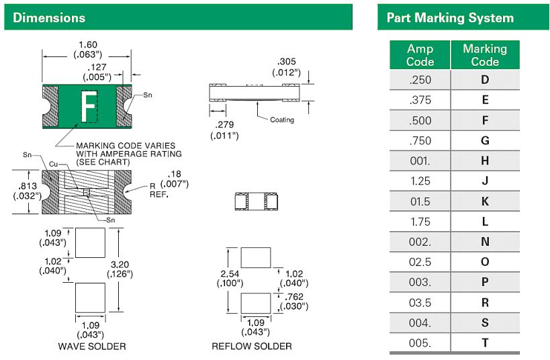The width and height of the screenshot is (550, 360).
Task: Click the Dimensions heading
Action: point(49,17)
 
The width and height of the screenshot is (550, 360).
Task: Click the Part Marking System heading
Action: point(449,18)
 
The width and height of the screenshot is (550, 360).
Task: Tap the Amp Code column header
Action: point(420,55)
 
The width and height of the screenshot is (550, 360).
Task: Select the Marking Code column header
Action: point(484,55)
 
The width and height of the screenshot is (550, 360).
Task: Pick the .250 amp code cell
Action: point(420,81)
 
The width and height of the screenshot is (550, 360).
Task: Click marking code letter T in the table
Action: point(485,343)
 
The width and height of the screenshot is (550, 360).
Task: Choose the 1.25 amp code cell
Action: point(420,181)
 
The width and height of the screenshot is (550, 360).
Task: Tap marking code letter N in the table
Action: point(485,242)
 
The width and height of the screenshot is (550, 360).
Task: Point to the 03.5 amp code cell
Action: point(420,303)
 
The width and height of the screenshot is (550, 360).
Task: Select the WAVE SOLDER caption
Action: point(92,347)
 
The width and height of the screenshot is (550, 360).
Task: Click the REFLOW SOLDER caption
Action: point(252,347)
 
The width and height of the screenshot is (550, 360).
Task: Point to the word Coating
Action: point(282,120)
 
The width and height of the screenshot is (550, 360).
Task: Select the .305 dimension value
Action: point(287,62)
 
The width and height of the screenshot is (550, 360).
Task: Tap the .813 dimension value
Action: point(27,187)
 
